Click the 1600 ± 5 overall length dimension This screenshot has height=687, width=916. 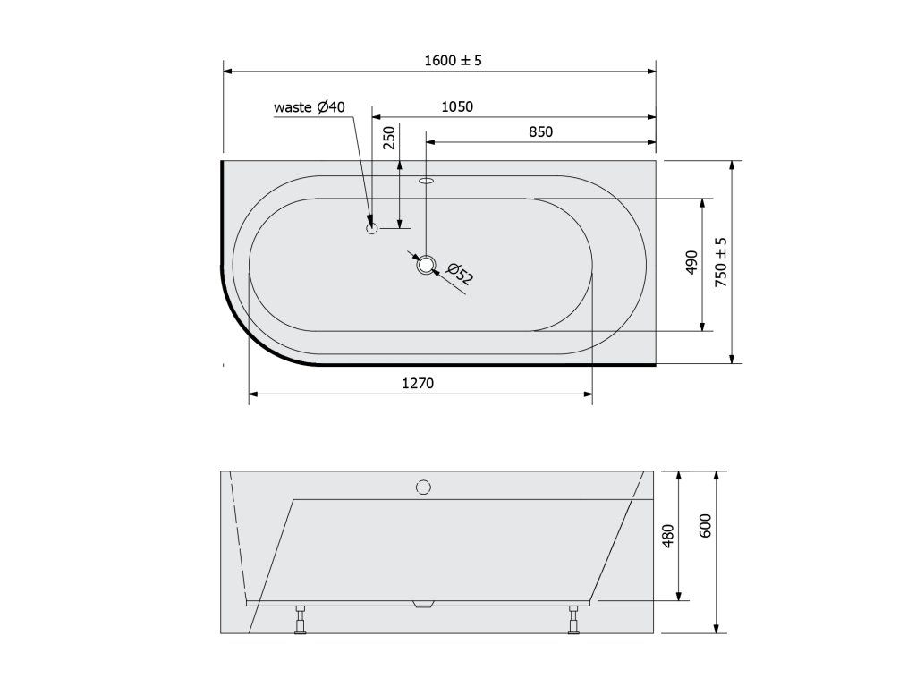coord(453,60)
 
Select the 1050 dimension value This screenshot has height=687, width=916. coord(457,107)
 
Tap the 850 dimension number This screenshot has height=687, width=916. coord(540,132)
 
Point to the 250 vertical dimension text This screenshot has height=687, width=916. coord(389,137)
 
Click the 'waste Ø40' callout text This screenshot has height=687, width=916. coord(309,107)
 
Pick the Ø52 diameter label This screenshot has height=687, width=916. coord(459,274)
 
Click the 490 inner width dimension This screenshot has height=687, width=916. coord(691,262)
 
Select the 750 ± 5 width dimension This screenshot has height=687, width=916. coord(722,262)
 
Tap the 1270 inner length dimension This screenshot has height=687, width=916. coord(418,383)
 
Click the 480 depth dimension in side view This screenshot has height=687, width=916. coord(668,536)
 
